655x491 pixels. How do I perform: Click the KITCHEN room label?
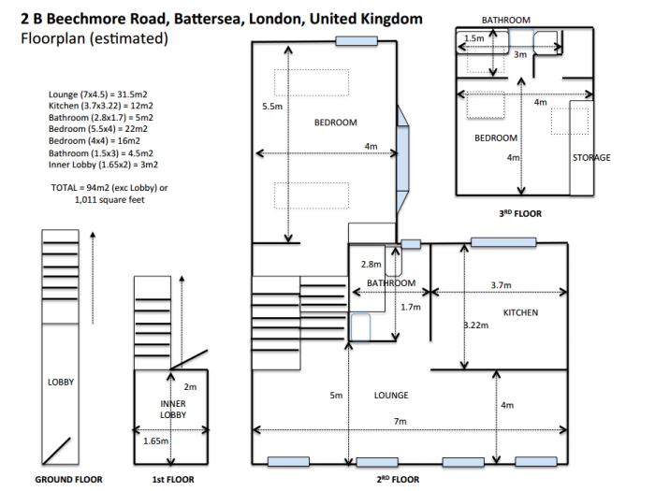point(520,312)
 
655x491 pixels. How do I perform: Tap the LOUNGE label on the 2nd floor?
point(391,395)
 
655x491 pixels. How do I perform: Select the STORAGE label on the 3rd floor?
point(591,157)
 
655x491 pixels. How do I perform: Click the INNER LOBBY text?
point(173,410)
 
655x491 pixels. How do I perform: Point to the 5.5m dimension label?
point(272,107)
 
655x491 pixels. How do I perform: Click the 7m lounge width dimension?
point(400,421)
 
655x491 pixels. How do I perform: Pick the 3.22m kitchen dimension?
point(476,325)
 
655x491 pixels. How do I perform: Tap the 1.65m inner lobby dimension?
point(156,440)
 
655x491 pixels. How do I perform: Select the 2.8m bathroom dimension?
point(371,265)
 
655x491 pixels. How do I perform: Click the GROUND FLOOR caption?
point(68,479)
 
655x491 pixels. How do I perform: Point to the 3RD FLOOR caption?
point(520,214)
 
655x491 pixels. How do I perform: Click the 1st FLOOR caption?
point(173,479)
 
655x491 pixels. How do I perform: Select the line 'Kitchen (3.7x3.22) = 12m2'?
point(101,106)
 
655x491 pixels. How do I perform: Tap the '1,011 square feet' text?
point(109,199)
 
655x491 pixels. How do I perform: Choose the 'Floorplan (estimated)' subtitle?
point(95,38)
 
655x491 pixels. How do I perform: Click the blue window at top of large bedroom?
point(357,41)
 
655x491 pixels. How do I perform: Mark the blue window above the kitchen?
point(503,242)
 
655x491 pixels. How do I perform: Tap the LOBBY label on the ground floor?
point(61,382)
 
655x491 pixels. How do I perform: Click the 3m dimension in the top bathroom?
point(520,54)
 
